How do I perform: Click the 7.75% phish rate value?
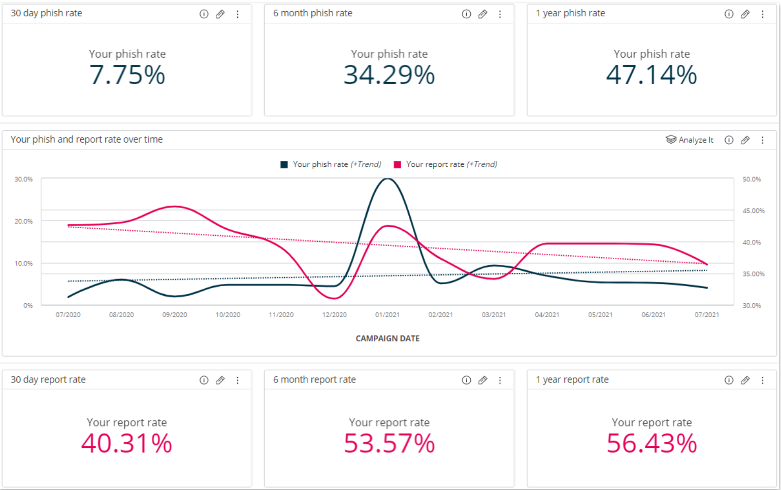[127, 75]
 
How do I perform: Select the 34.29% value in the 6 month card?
[389, 75]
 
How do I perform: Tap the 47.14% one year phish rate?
[652, 75]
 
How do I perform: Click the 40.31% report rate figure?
[127, 443]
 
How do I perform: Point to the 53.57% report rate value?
[389, 443]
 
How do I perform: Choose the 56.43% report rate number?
[652, 443]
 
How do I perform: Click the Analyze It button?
[690, 140]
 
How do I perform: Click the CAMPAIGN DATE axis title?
[387, 338]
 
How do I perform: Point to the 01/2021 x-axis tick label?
[387, 314]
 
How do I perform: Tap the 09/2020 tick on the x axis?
[175, 314]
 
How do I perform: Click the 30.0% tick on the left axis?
[23, 179]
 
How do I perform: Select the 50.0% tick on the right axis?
[752, 179]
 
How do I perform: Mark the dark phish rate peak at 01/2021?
[387, 179]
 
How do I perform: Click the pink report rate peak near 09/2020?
[175, 206]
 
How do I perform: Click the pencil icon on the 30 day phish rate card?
[220, 14]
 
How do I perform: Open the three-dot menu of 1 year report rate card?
[762, 380]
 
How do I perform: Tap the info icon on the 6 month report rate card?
[466, 380]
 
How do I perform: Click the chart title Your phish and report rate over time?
[87, 139]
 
